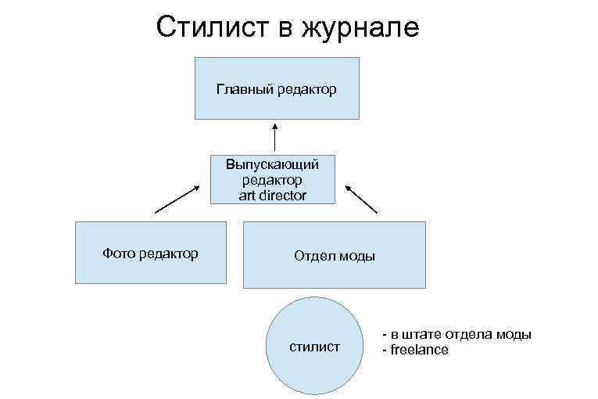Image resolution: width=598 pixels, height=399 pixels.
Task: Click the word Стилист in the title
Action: (205, 27)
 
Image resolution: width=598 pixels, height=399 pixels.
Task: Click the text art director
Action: (273, 194)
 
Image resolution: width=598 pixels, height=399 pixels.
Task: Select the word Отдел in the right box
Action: (312, 256)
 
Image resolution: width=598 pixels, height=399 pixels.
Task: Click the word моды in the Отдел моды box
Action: (356, 256)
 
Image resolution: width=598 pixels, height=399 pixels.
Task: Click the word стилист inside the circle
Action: (315, 346)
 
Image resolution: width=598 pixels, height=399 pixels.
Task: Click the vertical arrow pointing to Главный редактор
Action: (275, 136)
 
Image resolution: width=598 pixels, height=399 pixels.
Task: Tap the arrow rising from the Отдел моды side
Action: (361, 199)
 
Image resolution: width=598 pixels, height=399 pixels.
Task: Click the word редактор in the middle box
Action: (273, 180)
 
